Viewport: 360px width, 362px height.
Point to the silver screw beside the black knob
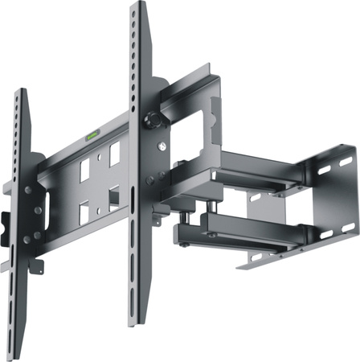click(x=163, y=146)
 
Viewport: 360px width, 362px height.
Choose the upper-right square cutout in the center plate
click(x=114, y=153)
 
